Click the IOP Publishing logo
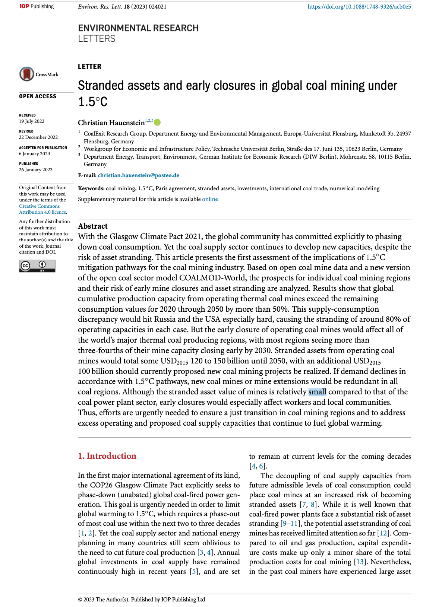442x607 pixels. coord(37,6)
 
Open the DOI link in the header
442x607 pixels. coord(359,7)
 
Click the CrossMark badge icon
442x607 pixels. coord(27,74)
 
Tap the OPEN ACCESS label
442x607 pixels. coord(38,96)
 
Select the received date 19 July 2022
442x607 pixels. coord(32,121)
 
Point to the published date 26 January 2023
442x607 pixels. coord(36,170)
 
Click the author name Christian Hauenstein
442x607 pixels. coord(111,123)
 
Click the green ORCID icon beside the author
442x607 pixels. coord(157,122)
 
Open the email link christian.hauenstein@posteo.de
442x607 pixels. coord(138,175)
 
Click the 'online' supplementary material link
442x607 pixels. coord(210,199)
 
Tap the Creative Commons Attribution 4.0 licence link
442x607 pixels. coord(42,209)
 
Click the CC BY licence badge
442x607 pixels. coord(37,266)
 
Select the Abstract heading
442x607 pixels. coord(93,226)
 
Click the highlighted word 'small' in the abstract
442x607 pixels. coord(317,392)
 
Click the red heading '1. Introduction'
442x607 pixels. coord(107,456)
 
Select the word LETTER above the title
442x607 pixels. coord(89,67)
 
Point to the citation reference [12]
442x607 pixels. coord(383,533)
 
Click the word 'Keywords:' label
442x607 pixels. coord(91,188)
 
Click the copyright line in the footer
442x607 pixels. coord(141,600)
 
